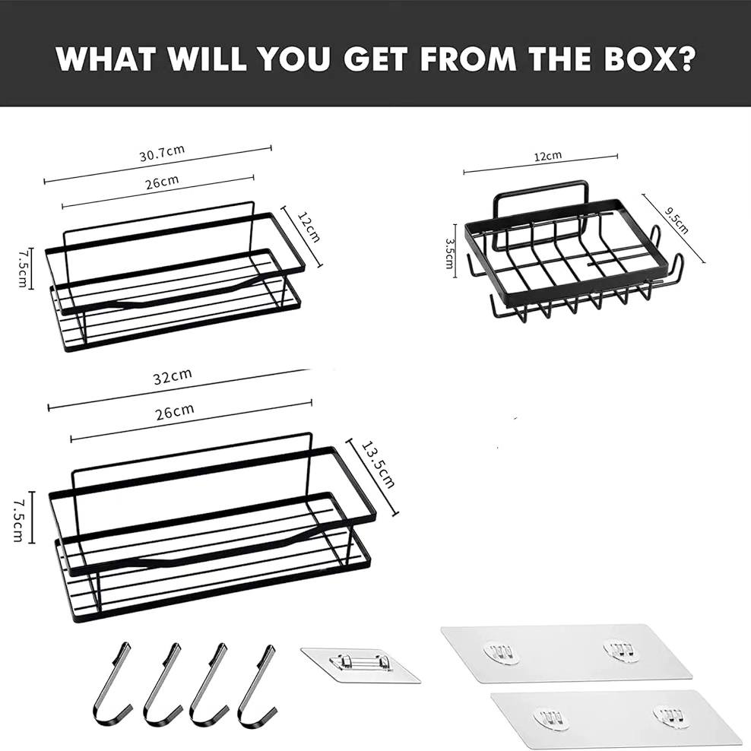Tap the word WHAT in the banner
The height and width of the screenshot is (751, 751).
pyautogui.click(x=106, y=58)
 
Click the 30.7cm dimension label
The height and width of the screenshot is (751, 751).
pyautogui.click(x=162, y=153)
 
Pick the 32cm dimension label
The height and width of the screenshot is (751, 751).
pyautogui.click(x=173, y=376)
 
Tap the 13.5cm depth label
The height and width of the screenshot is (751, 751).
pyautogui.click(x=379, y=464)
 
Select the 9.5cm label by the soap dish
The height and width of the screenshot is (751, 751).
pyautogui.click(x=677, y=220)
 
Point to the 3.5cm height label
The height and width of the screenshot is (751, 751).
pyautogui.click(x=450, y=253)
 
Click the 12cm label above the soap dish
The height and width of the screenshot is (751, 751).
pyautogui.click(x=548, y=156)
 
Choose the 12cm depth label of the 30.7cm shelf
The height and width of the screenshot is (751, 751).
pyautogui.click(x=309, y=227)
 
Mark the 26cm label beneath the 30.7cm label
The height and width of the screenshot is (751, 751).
pyautogui.click(x=163, y=182)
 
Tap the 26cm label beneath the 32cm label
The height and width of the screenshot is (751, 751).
pyautogui.click(x=175, y=412)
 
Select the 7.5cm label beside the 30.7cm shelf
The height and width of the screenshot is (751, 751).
pyautogui.click(x=22, y=268)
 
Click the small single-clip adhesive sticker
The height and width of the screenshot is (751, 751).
pyautogui.click(x=360, y=665)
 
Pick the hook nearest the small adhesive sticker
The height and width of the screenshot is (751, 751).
pyautogui.click(x=256, y=683)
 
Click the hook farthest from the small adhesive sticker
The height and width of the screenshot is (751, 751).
pyautogui.click(x=112, y=682)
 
